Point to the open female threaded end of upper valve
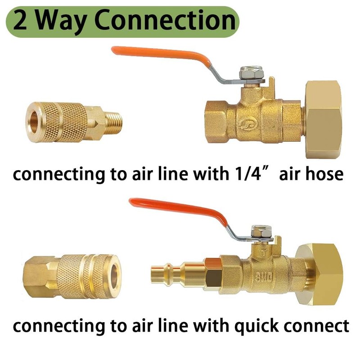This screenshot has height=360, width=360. pos(211,121)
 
